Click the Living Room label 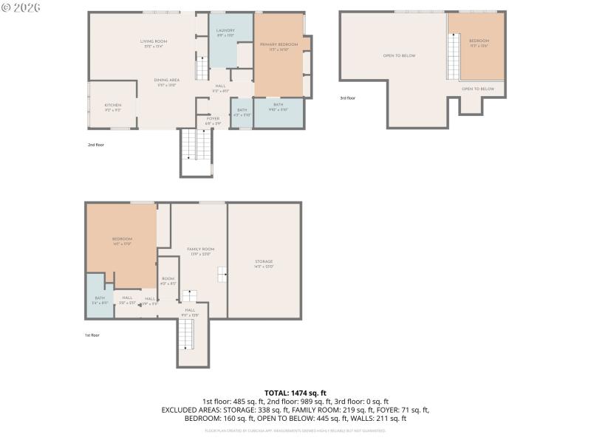point(156,41)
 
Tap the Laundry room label point(225,30)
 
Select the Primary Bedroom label point(279,44)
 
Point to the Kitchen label point(112,106)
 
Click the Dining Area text point(166,80)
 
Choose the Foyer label point(213,118)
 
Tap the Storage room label point(264,261)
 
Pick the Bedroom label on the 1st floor point(122,238)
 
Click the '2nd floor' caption point(96,145)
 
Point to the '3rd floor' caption point(347,97)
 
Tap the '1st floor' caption point(92,334)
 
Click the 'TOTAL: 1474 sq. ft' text point(295,393)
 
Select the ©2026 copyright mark point(21,7)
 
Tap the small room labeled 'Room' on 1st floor point(168,278)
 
